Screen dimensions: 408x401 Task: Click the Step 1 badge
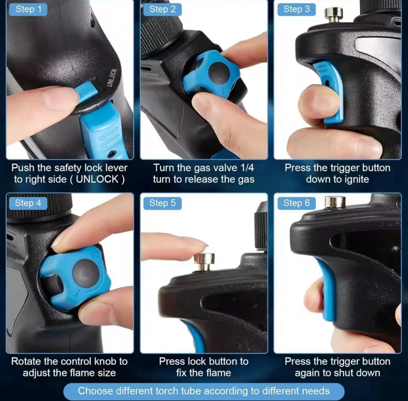click(28, 9)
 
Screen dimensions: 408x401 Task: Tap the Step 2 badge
click(162, 9)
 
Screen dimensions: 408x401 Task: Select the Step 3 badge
click(296, 9)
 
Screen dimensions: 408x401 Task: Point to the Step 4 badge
click(28, 203)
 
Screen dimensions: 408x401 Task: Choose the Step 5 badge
click(162, 203)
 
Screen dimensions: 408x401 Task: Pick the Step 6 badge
click(296, 203)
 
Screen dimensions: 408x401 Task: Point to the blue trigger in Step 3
click(330, 93)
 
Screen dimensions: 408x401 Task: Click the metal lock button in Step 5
click(204, 262)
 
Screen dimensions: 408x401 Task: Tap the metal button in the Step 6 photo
click(335, 202)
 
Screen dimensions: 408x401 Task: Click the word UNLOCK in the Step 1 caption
click(97, 179)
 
